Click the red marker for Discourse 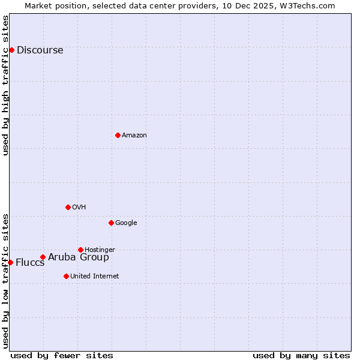click(x=11, y=50)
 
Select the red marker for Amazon click(x=118, y=135)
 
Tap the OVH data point click(x=68, y=207)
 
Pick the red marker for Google click(x=111, y=223)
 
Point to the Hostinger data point click(x=80, y=250)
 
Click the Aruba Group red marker click(x=43, y=257)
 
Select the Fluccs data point click(x=10, y=262)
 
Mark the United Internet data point click(x=66, y=276)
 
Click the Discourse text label click(x=40, y=50)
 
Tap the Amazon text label click(x=134, y=136)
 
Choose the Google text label click(x=126, y=223)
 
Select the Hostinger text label click(x=100, y=250)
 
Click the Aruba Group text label click(x=79, y=257)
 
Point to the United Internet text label click(x=94, y=277)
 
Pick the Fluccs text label click(x=30, y=263)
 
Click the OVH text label click(x=79, y=208)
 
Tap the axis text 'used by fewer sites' click(x=62, y=355)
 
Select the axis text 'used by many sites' click(x=301, y=355)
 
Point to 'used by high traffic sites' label click(x=5, y=85)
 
